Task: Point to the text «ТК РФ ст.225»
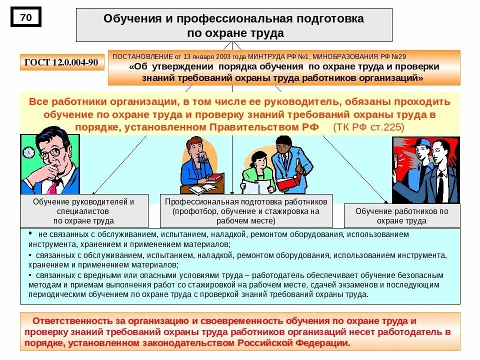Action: coord(369,127)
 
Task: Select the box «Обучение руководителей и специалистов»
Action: coord(84,210)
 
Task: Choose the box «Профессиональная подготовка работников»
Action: coord(246,210)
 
